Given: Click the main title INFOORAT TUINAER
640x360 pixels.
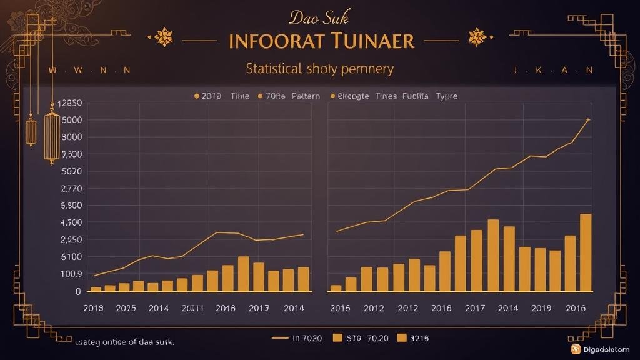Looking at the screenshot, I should (x=322, y=41).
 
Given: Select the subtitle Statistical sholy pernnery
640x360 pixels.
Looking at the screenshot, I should (x=320, y=68).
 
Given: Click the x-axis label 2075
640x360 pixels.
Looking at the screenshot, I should (x=125, y=308).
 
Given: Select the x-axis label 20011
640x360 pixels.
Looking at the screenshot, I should (x=192, y=308).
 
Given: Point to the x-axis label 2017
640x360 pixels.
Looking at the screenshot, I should (x=476, y=308).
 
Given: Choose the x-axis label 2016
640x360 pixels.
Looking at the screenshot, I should (x=576, y=308).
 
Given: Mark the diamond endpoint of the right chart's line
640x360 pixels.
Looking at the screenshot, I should (x=588, y=119).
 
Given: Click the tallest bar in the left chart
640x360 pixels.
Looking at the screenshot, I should (x=243, y=274).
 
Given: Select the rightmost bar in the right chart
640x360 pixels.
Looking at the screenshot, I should (x=586, y=253).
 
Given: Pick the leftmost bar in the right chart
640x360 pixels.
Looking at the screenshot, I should (x=336, y=288).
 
